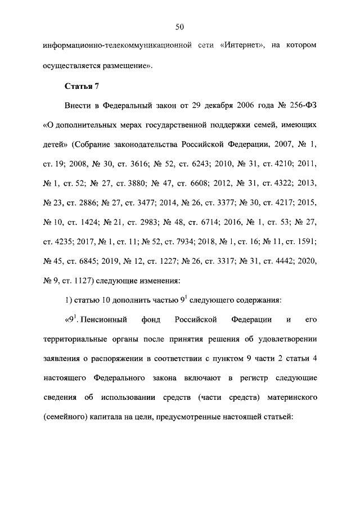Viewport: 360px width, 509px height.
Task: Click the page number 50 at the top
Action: coord(180,26)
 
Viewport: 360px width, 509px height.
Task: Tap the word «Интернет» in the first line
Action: coord(238,44)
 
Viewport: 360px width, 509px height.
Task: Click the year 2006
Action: coord(229,107)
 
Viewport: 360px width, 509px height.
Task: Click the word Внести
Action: coord(81,107)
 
